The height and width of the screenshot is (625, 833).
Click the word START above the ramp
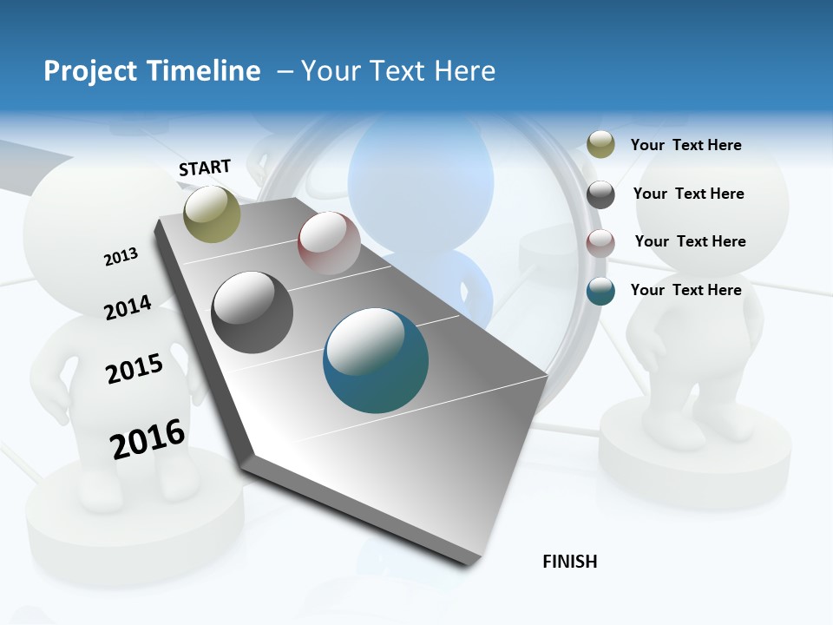(205, 168)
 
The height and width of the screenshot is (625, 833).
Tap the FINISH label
(570, 562)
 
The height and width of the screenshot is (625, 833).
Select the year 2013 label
(121, 257)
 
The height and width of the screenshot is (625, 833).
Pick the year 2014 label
(128, 307)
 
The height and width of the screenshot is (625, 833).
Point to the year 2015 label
(134, 369)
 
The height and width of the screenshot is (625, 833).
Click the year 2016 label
(148, 439)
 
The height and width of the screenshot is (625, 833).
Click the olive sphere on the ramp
(213, 214)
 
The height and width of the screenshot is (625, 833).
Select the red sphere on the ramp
(329, 243)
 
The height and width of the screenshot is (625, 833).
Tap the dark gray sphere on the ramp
(253, 312)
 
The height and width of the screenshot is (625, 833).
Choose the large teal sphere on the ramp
(376, 360)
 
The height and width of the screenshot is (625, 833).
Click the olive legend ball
(600, 144)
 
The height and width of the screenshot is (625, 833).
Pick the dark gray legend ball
(600, 194)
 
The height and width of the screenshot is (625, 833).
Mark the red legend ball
(600, 243)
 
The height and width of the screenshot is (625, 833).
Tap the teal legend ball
(600, 291)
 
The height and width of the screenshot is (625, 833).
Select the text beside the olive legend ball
(685, 145)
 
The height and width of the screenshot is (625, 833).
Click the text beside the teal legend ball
(685, 290)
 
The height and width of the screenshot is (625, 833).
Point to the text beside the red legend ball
(690, 241)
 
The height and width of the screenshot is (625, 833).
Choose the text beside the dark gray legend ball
(688, 194)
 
